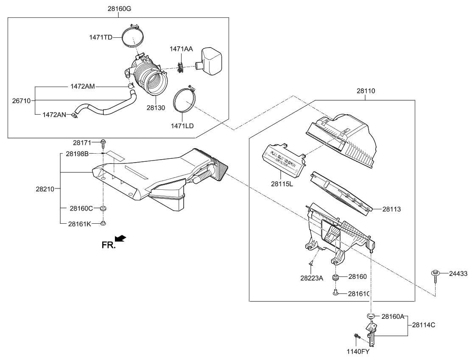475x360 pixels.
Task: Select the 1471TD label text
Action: tap(101, 37)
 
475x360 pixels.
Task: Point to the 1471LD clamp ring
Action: tap(185, 102)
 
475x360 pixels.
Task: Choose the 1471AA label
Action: tap(182, 49)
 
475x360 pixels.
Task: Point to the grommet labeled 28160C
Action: tap(103, 208)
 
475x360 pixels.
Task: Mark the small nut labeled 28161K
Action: tap(103, 223)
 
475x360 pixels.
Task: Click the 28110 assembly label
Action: tap(365, 91)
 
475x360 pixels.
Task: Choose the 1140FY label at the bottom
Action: tap(359, 351)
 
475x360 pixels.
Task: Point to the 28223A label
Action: tap(312, 278)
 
